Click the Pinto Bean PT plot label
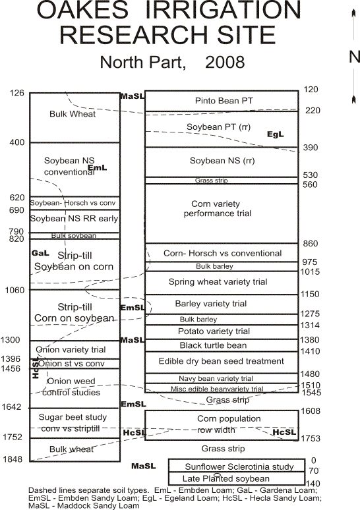(224, 101)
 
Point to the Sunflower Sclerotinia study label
(239, 467)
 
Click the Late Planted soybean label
(226, 479)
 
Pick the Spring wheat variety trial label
(218, 282)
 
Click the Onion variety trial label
(71, 350)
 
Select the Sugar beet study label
(73, 417)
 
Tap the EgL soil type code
(276, 134)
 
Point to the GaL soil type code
(40, 253)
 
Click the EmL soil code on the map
(98, 168)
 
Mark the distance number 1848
(13, 459)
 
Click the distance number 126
(17, 93)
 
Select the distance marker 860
(310, 244)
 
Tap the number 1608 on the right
(310, 411)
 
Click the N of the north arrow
(355, 57)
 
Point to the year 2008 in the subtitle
(225, 62)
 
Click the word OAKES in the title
(82, 10)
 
